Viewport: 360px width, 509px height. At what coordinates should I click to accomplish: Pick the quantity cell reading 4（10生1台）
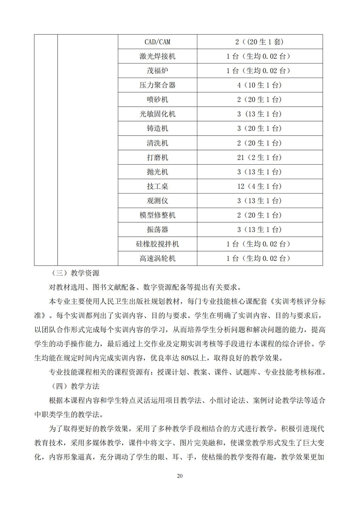(x=259, y=85)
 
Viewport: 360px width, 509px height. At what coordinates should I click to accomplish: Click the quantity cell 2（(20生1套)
(x=259, y=42)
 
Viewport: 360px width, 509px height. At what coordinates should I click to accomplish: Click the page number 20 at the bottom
(x=180, y=476)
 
